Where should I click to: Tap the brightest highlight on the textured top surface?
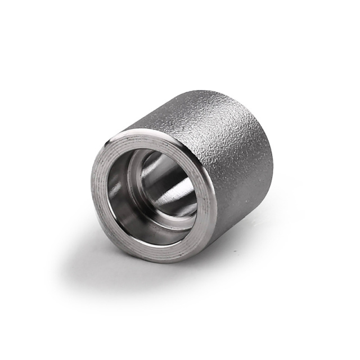pyautogui.click(x=186, y=112)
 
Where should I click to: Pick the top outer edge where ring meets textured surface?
pyautogui.click(x=169, y=133)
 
